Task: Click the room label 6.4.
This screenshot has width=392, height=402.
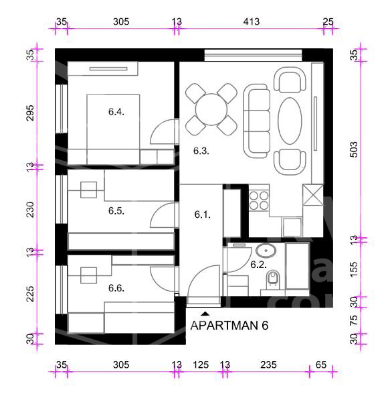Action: tap(116, 112)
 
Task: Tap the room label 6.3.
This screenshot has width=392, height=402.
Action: tap(201, 151)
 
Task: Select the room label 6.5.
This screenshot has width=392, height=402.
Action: tap(116, 211)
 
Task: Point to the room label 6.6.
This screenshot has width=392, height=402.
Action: tap(116, 288)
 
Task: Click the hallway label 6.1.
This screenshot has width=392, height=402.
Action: tap(203, 214)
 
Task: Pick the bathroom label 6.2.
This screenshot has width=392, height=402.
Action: tap(258, 265)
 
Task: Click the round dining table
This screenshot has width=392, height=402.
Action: tap(211, 109)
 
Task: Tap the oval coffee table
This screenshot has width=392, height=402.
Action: tap(290, 121)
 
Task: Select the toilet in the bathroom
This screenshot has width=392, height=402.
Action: tap(273, 279)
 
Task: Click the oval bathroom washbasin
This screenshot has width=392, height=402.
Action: tap(266, 251)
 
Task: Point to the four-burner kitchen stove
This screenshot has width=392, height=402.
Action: tap(259, 201)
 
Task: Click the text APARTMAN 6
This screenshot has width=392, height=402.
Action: tap(229, 326)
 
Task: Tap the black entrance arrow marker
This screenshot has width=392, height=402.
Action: tap(205, 314)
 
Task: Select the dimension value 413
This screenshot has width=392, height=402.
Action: tap(252, 21)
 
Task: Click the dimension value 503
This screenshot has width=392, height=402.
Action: tap(354, 149)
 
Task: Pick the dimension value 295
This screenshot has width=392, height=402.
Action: tap(30, 113)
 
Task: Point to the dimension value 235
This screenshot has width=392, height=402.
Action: tap(268, 365)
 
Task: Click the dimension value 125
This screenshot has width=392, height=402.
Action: tap(201, 365)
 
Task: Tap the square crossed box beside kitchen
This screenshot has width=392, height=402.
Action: tap(313, 195)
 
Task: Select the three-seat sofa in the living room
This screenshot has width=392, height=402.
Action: tap(257, 121)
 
